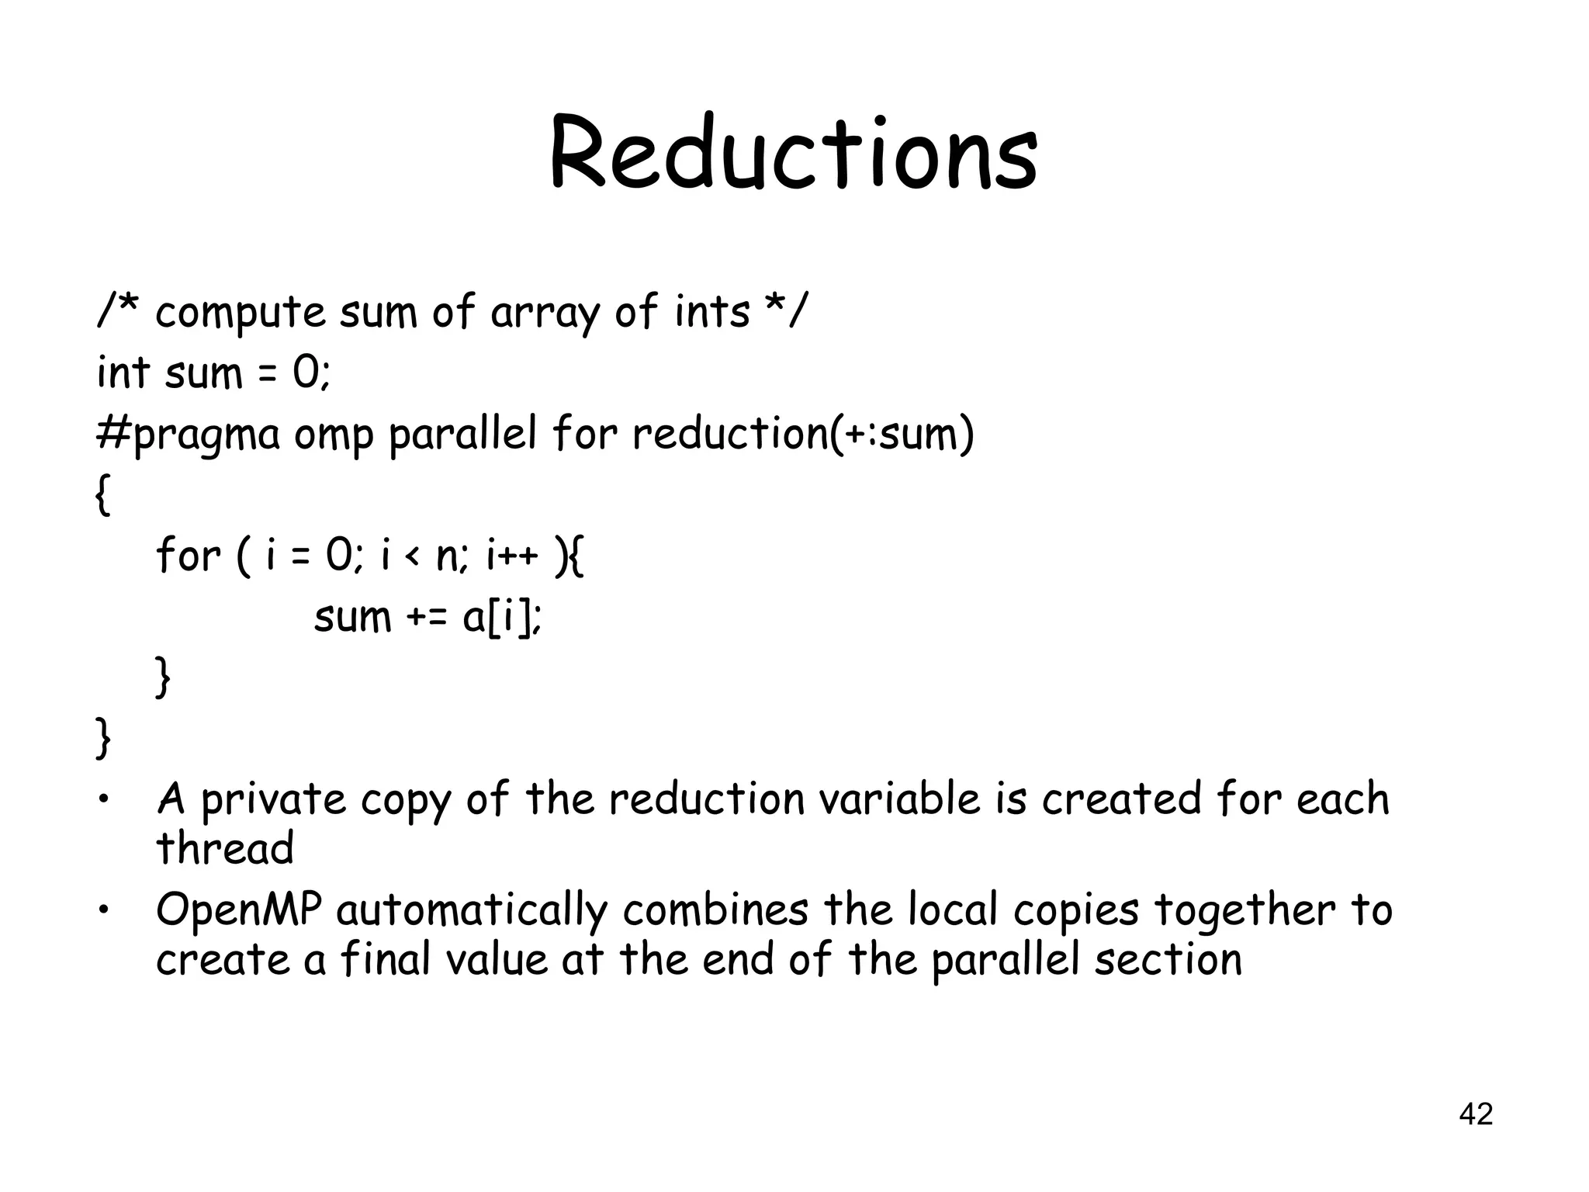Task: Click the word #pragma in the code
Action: coord(188,435)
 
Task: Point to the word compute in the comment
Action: coord(241,314)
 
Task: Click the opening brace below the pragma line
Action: coord(102,495)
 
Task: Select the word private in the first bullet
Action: coord(273,800)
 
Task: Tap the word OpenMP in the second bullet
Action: coord(239,911)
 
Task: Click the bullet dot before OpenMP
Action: coord(102,911)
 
